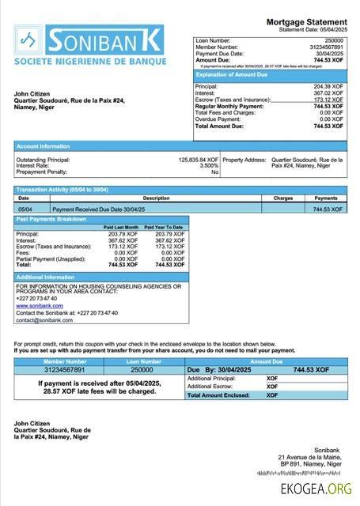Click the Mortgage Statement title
click(307, 21)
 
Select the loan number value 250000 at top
click(334, 40)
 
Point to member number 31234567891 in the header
click(327, 47)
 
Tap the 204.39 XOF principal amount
click(328, 86)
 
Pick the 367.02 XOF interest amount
click(328, 93)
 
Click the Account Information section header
click(44, 146)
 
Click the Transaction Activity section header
click(62, 190)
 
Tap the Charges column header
click(283, 198)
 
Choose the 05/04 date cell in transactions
click(25, 209)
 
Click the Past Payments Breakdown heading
click(51, 219)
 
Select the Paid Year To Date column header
click(164, 227)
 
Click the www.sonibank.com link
click(40, 305)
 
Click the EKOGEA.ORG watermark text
click(316, 489)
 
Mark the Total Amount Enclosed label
click(221, 395)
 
